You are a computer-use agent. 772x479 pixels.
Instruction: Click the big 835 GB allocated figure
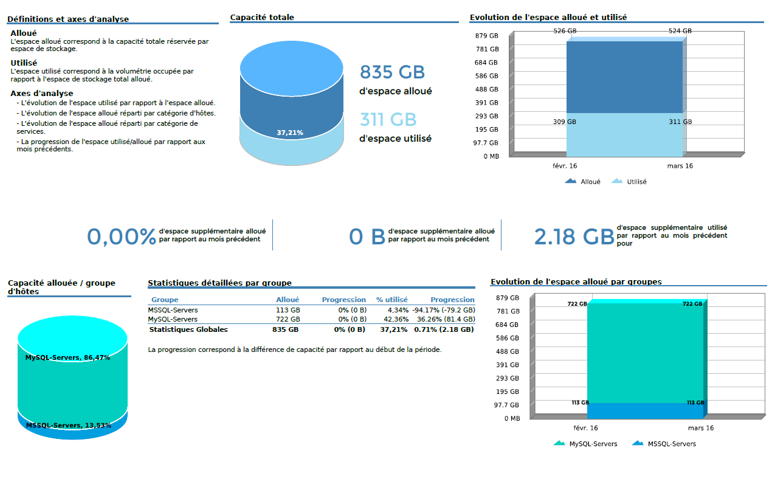click(392, 72)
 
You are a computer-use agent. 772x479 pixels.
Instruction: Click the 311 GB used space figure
click(388, 119)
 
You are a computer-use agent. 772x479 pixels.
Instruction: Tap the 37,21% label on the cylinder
click(290, 133)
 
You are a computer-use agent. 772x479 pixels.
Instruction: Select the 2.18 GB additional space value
click(574, 236)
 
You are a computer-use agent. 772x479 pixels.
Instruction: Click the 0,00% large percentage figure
click(122, 236)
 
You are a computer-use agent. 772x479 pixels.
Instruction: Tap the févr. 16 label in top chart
click(565, 166)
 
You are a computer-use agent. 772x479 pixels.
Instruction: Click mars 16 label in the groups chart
click(700, 428)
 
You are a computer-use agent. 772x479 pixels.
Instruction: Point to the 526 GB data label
click(565, 31)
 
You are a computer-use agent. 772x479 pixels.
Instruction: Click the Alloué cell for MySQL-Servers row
click(288, 319)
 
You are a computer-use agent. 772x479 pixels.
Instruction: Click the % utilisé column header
click(392, 300)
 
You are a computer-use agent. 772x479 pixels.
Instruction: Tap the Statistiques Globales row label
click(188, 329)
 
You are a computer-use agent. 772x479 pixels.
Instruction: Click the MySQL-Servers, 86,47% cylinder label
click(67, 358)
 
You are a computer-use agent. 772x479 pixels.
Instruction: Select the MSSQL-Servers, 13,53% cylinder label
click(69, 426)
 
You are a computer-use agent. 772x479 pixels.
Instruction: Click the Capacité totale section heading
click(262, 18)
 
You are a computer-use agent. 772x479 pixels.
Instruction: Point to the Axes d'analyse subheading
click(42, 94)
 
